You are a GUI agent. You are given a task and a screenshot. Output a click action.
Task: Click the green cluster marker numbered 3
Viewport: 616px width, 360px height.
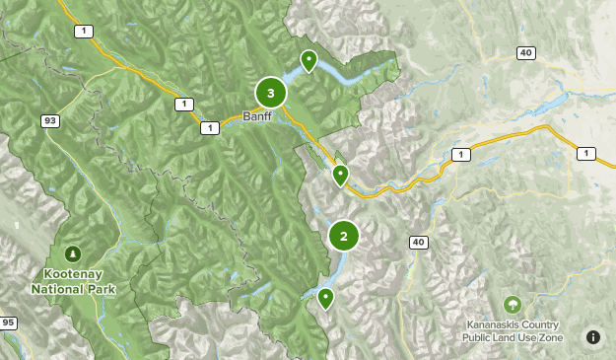tap(270, 93)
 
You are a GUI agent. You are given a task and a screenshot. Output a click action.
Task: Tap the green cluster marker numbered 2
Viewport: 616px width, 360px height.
tap(343, 236)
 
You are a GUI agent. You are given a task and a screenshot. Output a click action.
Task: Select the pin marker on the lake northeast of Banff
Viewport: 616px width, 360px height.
tap(309, 61)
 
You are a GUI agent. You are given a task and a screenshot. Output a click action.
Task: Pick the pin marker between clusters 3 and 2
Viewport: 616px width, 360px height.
tap(340, 176)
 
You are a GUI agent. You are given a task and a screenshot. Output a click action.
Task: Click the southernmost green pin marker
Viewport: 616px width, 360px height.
tap(325, 298)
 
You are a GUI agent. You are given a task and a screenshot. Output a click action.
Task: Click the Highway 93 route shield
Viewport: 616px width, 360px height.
tap(50, 120)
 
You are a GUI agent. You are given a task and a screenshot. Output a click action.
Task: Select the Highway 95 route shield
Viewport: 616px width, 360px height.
tap(9, 323)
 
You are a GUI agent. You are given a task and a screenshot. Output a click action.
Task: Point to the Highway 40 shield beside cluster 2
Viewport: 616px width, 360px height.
tap(418, 243)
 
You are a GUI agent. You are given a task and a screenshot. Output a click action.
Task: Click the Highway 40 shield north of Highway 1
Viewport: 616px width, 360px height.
tap(526, 52)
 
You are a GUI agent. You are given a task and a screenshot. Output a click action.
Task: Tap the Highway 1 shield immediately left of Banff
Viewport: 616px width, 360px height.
tap(209, 128)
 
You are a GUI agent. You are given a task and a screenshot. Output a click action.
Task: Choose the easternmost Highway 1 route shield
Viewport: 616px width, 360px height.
tap(587, 153)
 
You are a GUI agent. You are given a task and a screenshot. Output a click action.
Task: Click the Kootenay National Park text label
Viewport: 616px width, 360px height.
tap(73, 283)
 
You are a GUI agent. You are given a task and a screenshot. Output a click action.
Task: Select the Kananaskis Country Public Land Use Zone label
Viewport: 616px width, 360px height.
tap(512, 331)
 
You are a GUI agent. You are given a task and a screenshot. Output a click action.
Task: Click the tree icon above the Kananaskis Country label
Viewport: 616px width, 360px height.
tap(512, 304)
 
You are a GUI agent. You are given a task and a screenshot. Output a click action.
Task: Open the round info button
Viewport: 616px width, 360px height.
tap(593, 337)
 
